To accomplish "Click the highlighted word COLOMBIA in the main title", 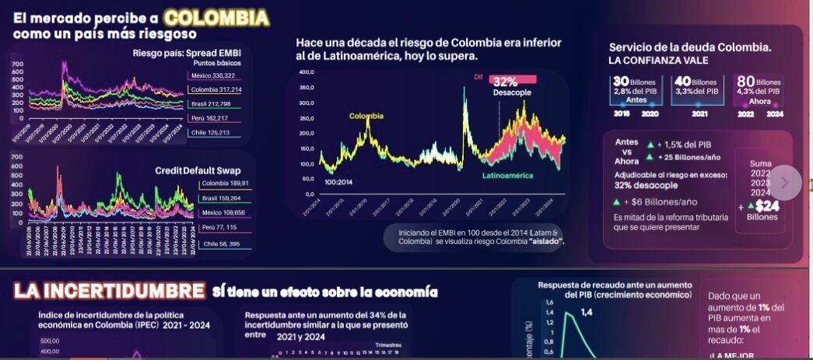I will coord(217,17).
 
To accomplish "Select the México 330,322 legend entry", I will coord(212,75).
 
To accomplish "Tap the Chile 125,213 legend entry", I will coord(210,133).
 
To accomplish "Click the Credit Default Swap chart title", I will coord(197,170).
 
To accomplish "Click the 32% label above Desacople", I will coord(505,82).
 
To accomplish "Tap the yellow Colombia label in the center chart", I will coord(366,116).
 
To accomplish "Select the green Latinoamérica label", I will coord(507,176).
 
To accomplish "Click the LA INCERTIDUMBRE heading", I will coord(109,292).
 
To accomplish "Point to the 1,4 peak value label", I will coord(586,312).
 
